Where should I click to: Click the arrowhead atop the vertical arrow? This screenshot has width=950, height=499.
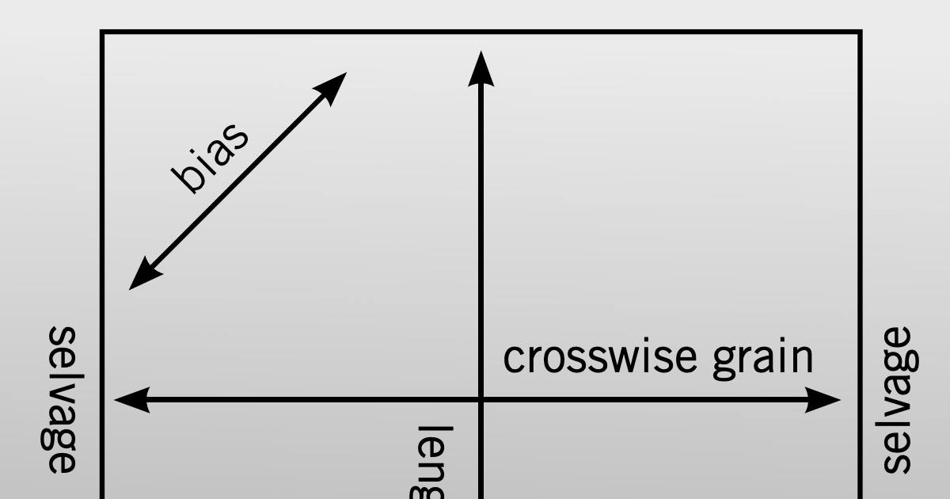coord(481,67)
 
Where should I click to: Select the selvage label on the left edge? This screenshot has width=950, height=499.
coord(62,399)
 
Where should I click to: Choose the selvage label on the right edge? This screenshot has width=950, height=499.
coord(898,399)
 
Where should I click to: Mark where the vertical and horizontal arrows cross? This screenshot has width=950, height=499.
coord(481,400)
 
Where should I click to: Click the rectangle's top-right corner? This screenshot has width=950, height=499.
coord(860,32)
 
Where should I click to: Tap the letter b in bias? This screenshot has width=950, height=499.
coord(188,181)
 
